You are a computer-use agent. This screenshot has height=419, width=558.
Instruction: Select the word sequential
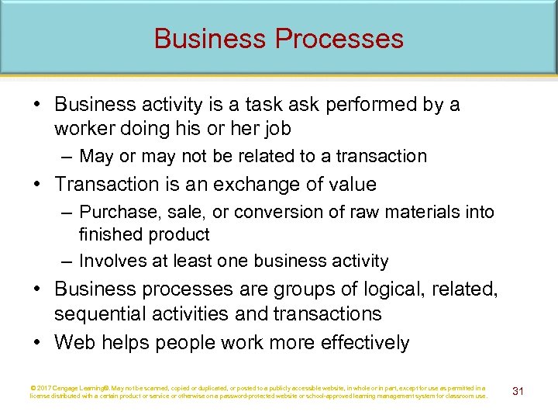tap(102, 313)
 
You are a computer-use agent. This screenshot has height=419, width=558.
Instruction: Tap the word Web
tap(73, 343)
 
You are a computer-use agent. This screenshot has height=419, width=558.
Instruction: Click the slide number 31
tap(518, 391)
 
